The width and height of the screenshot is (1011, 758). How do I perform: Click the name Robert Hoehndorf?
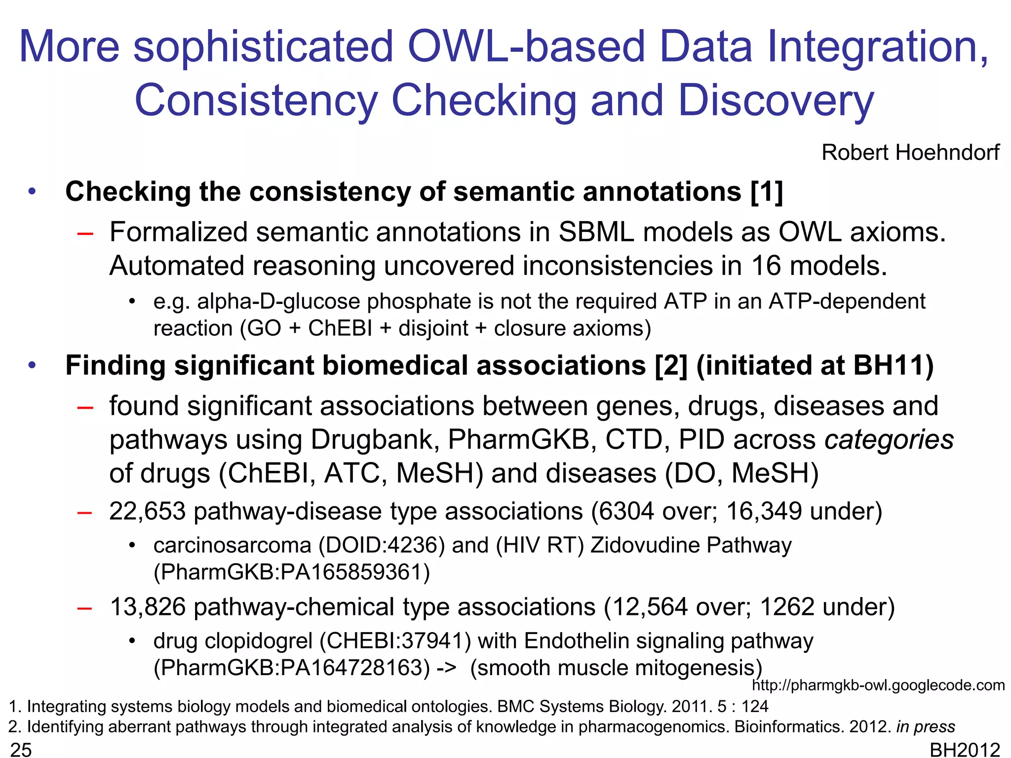[x=910, y=152]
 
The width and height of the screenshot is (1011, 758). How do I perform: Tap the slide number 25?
[x=21, y=750]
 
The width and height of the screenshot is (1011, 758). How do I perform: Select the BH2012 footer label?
[x=965, y=750]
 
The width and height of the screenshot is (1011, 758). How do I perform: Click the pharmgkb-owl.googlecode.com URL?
[x=878, y=685]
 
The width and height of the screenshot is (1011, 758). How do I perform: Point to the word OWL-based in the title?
[x=526, y=47]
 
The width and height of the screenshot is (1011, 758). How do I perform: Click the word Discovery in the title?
[x=776, y=101]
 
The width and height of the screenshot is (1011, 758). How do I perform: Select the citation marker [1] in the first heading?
[x=766, y=192]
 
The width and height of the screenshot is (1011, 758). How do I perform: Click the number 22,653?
[x=147, y=511]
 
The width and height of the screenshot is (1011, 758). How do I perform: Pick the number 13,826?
[x=147, y=607]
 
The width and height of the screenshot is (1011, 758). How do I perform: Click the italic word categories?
[x=889, y=440]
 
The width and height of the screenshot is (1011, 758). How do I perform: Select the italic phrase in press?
[x=926, y=727]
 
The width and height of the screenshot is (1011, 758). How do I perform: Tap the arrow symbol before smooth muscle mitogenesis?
[x=446, y=668]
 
